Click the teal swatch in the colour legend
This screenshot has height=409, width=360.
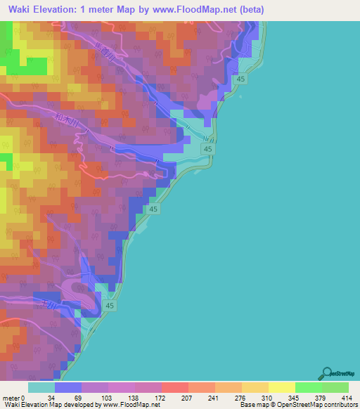tap(41, 388)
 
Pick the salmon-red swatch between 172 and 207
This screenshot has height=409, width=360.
tap(175, 388)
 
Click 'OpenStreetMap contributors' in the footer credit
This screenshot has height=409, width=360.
tap(321, 404)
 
